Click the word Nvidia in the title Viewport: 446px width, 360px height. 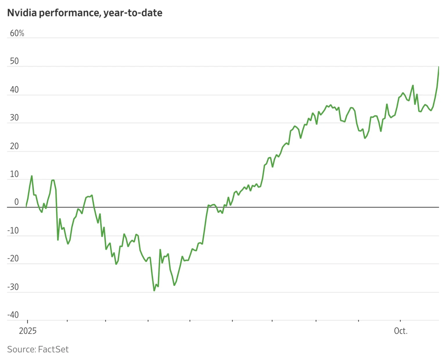[x=22, y=13]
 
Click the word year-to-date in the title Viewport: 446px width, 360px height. [x=133, y=13]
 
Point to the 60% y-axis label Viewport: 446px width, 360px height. [x=17, y=33]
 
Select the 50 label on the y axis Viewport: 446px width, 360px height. [x=14, y=61]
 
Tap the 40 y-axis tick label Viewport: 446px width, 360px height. [x=14, y=89]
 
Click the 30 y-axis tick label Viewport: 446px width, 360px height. [x=14, y=118]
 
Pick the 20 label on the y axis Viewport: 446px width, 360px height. [x=14, y=146]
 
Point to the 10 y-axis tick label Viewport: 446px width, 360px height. [x=14, y=174]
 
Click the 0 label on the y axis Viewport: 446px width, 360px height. [x=17, y=202]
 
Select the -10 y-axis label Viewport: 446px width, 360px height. [x=13, y=230]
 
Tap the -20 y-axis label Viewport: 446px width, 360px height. [x=13, y=258]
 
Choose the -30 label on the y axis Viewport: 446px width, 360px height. [x=13, y=287]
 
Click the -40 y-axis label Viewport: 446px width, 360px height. [x=13, y=315]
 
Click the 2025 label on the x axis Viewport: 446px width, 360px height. [x=28, y=331]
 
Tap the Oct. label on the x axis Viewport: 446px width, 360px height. [x=401, y=331]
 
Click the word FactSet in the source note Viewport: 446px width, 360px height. [x=53, y=349]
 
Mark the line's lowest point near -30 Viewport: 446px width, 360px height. [x=154, y=290]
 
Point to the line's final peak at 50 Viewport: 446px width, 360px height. [x=438, y=67]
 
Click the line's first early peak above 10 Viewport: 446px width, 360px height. [x=32, y=176]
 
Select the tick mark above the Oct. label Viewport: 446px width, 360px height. [x=400, y=321]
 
